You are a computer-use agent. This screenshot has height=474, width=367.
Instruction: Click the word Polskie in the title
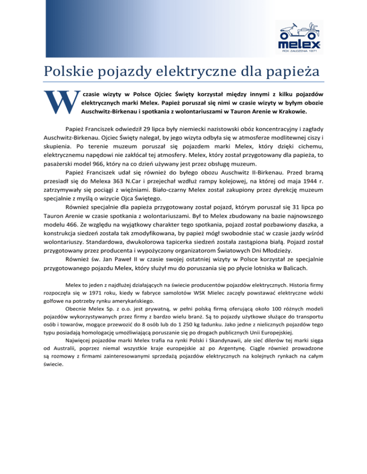tap(66, 72)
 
